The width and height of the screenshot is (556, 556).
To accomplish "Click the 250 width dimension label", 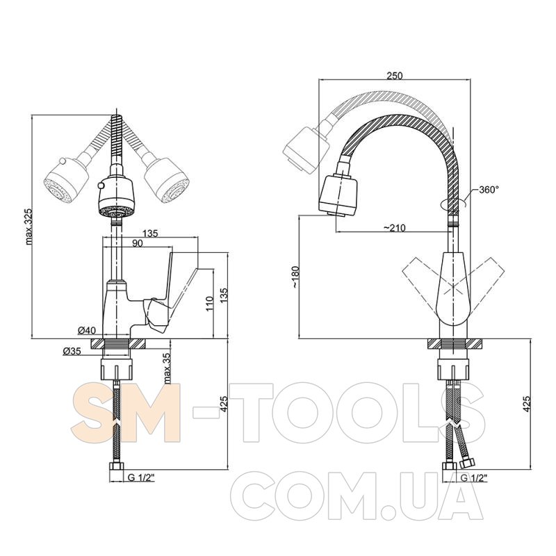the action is (394, 76).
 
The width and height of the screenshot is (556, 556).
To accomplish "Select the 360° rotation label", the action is (489, 190).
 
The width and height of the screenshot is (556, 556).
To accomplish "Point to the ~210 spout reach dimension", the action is (394, 228).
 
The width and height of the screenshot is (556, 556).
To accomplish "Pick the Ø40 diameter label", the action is (86, 331).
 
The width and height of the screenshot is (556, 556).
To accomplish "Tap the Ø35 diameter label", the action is (72, 352).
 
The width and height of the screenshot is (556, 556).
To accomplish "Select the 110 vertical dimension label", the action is (209, 304).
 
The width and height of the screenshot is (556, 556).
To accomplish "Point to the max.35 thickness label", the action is (167, 368).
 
